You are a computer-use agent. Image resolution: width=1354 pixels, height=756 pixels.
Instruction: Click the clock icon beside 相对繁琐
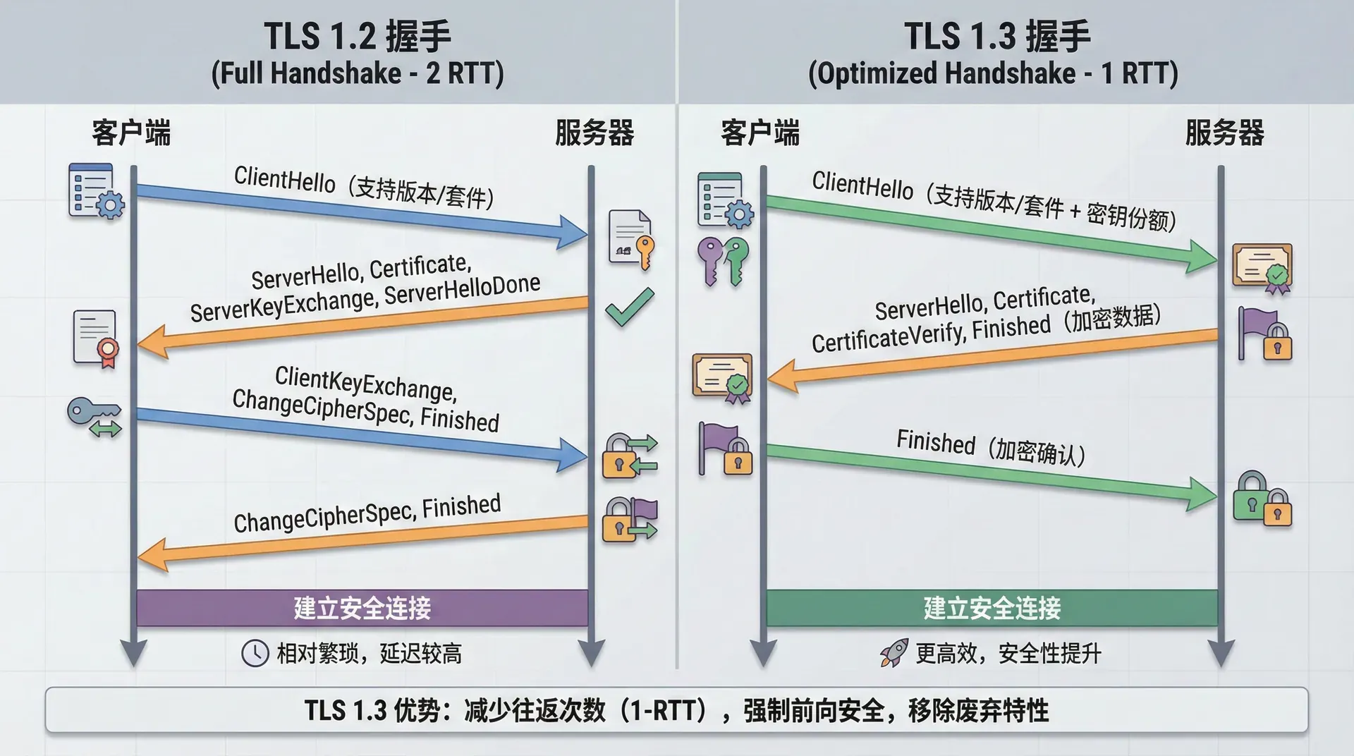pyautogui.click(x=255, y=653)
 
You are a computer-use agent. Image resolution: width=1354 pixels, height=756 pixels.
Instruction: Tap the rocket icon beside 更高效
pyautogui.click(x=894, y=653)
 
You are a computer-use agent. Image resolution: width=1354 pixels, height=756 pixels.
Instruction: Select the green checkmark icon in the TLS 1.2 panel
pyautogui.click(x=630, y=307)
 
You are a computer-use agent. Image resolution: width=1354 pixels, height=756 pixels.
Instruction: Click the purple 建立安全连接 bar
pyautogui.click(x=362, y=608)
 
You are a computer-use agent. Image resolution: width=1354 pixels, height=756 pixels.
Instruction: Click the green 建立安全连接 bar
pyautogui.click(x=992, y=608)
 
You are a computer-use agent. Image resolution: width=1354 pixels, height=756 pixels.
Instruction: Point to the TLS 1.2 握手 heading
pyautogui.click(x=358, y=37)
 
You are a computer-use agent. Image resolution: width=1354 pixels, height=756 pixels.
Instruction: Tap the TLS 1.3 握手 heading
pyautogui.click(x=997, y=37)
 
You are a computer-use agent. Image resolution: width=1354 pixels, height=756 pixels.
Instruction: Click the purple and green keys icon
pyautogui.click(x=723, y=261)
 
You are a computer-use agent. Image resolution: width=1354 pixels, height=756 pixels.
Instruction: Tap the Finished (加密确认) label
pyautogui.click(x=990, y=448)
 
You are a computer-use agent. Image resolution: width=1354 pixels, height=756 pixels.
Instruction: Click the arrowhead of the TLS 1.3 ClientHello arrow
pyautogui.click(x=1202, y=257)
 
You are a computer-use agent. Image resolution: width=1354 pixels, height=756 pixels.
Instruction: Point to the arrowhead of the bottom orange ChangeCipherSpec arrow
pyautogui.click(x=152, y=554)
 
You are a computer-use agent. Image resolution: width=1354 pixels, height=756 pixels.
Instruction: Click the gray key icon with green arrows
pyautogui.click(x=95, y=417)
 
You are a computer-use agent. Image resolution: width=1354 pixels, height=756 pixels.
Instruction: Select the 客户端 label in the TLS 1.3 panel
pyautogui.click(x=760, y=133)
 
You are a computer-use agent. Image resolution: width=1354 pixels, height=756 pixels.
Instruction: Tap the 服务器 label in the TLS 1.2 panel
pyautogui.click(x=594, y=133)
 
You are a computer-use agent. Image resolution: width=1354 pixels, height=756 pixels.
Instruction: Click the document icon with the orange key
pyautogui.click(x=631, y=239)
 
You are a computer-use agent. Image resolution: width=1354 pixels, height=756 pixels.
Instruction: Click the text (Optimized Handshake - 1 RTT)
pyautogui.click(x=993, y=73)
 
